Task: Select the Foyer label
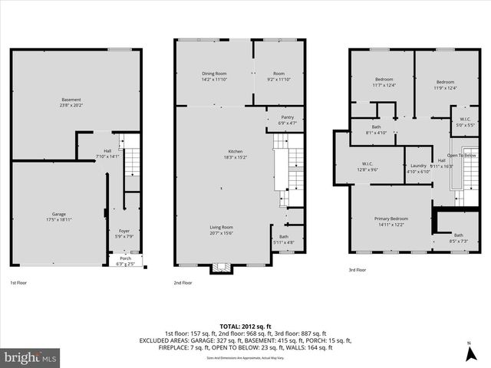click(x=124, y=233)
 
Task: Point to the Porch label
click(x=124, y=261)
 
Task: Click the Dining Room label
click(x=213, y=76)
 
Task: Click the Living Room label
click(x=222, y=230)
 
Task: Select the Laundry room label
click(x=418, y=168)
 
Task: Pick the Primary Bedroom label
click(x=390, y=221)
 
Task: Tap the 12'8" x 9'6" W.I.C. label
click(x=367, y=166)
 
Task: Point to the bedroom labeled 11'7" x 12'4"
click(x=384, y=83)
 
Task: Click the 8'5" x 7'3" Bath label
click(x=458, y=238)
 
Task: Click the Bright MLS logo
click(x=31, y=357)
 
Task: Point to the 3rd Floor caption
click(x=358, y=270)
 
